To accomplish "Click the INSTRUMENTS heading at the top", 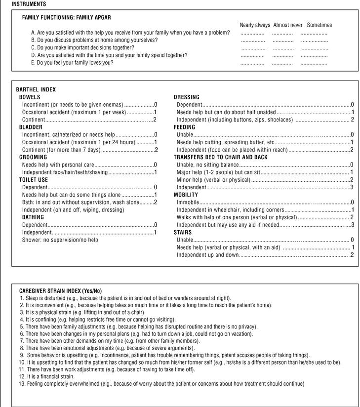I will pyautogui.click(x=29, y=3).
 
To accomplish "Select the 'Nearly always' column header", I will pyautogui.click(x=255, y=25).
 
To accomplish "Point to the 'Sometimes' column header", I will pyautogui.click(x=319, y=25).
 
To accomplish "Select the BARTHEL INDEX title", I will pyautogui.click(x=36, y=90).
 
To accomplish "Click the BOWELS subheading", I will pyautogui.click(x=30, y=97).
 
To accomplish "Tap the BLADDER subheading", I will pyautogui.click(x=31, y=127).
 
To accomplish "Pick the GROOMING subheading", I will pyautogui.click(x=33, y=157).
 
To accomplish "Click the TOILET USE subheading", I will pyautogui.click(x=34, y=180).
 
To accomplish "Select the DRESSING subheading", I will pyautogui.click(x=187, y=97).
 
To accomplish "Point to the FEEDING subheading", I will pyautogui.click(x=184, y=127).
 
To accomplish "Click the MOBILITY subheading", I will pyautogui.click(x=186, y=195).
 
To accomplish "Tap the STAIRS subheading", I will pyautogui.click(x=182, y=232).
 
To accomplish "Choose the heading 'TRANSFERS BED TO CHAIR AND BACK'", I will pyautogui.click(x=220, y=157).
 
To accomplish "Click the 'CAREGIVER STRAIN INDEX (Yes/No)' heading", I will pyautogui.click(x=60, y=291).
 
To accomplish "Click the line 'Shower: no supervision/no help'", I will pyautogui.click(x=60, y=240).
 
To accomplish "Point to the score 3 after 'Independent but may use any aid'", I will pyautogui.click(x=352, y=225).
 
